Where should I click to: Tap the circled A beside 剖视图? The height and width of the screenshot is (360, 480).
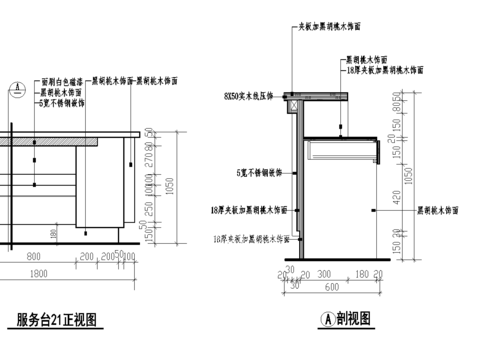click(325, 320)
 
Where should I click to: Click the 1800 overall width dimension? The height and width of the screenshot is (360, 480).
click(39, 273)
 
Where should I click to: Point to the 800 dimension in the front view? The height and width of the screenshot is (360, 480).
click(33, 256)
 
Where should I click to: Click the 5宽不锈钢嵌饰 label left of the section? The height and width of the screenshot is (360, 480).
click(255, 172)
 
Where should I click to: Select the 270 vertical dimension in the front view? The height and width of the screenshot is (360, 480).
click(150, 157)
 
